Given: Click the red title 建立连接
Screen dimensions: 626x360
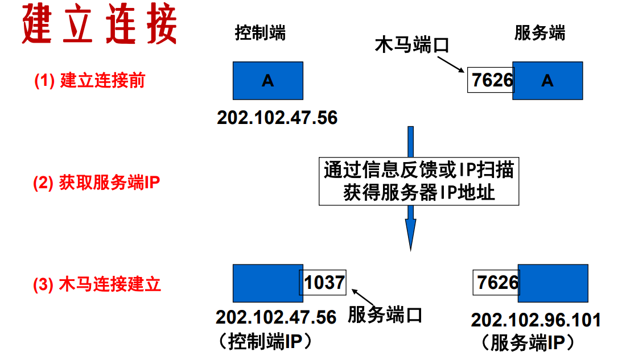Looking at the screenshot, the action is click(100, 25).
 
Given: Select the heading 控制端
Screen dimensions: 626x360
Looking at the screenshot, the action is click(261, 33).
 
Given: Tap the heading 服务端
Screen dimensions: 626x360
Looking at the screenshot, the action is click(539, 33).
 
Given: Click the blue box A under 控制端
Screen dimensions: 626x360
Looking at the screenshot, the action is click(267, 81).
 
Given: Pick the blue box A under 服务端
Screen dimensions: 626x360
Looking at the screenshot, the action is click(547, 81).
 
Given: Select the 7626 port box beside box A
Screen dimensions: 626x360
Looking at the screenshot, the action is click(491, 80).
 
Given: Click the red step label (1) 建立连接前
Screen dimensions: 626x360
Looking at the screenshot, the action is click(89, 81).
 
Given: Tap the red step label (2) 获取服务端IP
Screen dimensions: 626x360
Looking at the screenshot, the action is click(96, 183).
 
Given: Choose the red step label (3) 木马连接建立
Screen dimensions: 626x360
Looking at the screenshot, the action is click(97, 283).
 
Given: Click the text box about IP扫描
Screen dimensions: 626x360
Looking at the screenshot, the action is click(419, 181).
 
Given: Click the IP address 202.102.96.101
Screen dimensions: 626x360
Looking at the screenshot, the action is click(536, 320).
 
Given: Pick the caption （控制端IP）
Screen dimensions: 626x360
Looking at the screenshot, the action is click(265, 340).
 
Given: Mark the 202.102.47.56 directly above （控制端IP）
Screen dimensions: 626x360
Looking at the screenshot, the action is click(276, 317).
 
